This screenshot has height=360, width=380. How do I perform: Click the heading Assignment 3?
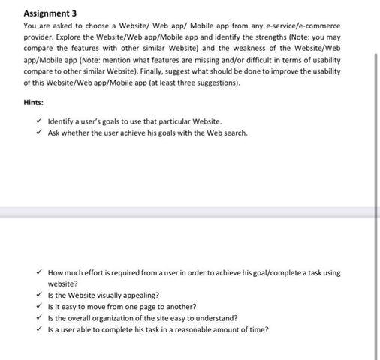[50, 13]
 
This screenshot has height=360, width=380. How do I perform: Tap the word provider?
[39, 36]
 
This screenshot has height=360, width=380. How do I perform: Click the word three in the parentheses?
[193, 82]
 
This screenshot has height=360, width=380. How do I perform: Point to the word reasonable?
[201, 329]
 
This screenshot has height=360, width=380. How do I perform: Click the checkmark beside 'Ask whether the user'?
[39, 133]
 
